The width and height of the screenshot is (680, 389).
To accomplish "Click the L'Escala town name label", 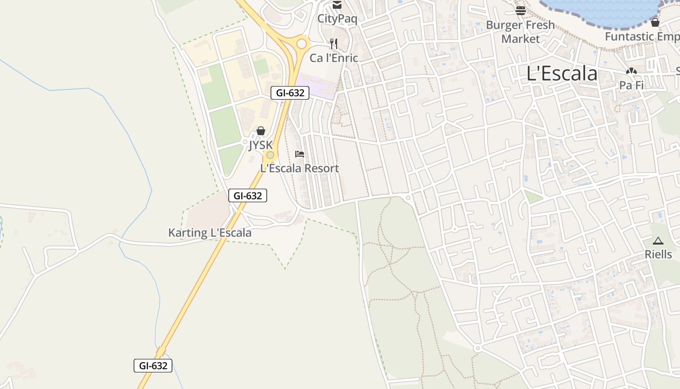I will (562, 74).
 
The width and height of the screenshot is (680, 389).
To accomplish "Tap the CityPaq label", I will (337, 19).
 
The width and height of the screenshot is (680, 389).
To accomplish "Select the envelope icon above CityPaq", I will (337, 5).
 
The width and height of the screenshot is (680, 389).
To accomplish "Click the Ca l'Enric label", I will (334, 58).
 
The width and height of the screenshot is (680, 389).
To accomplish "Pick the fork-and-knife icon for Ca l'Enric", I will (333, 44).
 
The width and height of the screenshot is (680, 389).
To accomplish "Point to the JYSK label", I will (261, 145).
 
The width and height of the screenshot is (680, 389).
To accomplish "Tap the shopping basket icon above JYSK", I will (261, 131).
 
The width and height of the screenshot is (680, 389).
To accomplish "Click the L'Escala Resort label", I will (300, 168).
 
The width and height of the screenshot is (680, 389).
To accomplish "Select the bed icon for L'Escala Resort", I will (300, 154).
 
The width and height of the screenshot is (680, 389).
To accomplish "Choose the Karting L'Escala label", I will (210, 232).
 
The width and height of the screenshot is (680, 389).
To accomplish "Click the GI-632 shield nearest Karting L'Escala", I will (248, 195).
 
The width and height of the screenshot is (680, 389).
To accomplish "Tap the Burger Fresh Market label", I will (520, 32).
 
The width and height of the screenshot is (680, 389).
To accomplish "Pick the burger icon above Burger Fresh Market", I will (521, 10).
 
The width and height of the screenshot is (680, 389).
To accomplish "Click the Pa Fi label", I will (631, 85).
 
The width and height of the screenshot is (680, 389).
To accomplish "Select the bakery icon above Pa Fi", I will (631, 71).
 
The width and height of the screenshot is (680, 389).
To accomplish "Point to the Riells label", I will (658, 254).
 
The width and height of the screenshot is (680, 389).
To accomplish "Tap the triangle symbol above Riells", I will (658, 240).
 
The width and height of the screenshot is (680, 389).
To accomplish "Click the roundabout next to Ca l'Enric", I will (302, 44).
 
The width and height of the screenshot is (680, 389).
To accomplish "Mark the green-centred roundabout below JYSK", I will (270, 155).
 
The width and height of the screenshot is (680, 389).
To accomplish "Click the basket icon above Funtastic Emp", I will (655, 22).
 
